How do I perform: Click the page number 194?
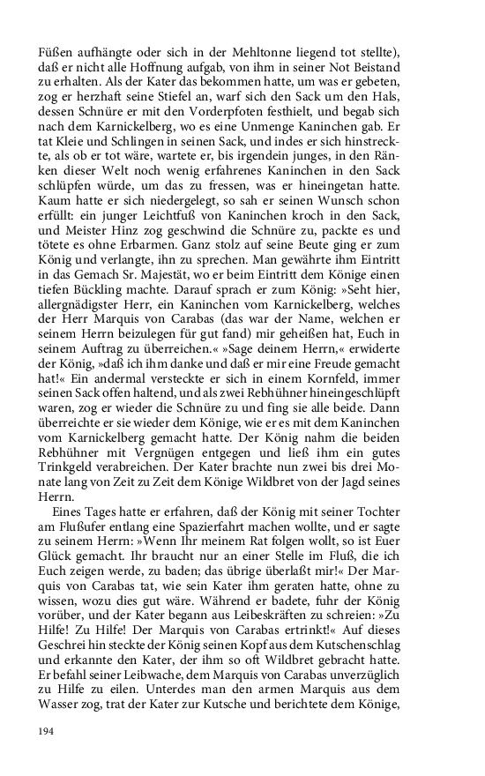[46, 731]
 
